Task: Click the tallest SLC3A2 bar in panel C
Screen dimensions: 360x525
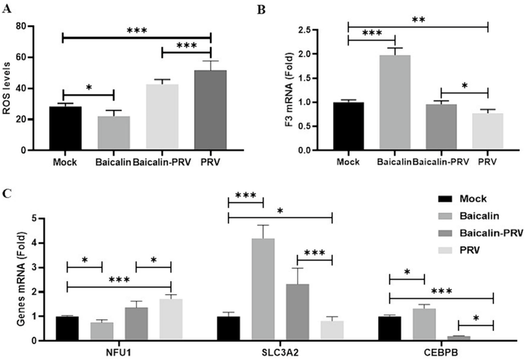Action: tap(262, 289)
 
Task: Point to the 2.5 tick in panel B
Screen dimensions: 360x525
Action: tap(320, 30)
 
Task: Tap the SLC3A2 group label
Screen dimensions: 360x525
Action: tap(280, 352)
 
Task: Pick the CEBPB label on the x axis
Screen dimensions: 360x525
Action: tap(440, 352)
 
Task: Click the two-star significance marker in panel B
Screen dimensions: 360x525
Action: tap(418, 20)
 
